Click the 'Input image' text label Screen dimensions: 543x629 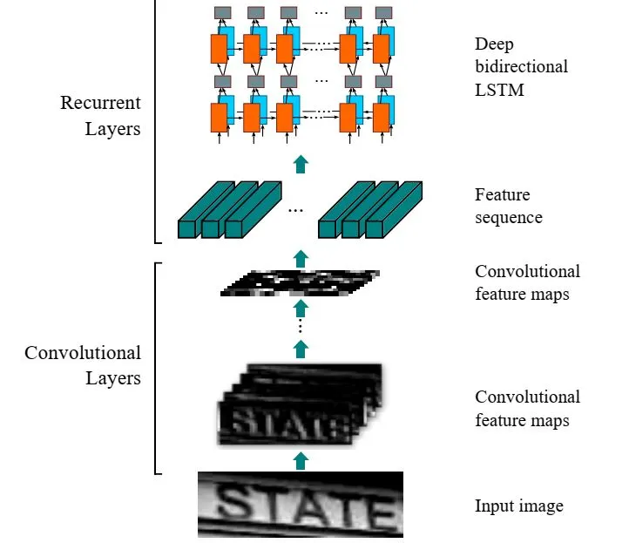(518, 506)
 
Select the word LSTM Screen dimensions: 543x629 (500, 88)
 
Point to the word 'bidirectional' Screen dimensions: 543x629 (521, 66)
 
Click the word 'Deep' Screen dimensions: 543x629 (493, 44)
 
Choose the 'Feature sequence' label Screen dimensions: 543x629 (508, 206)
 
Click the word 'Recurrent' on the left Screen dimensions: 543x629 (100, 103)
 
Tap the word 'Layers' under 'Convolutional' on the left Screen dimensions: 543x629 (112, 378)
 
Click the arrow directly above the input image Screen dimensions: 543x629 (301, 460)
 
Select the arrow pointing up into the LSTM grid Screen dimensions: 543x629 (301, 163)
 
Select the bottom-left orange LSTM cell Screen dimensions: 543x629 (218, 116)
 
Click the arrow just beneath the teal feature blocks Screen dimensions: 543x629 (301, 257)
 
